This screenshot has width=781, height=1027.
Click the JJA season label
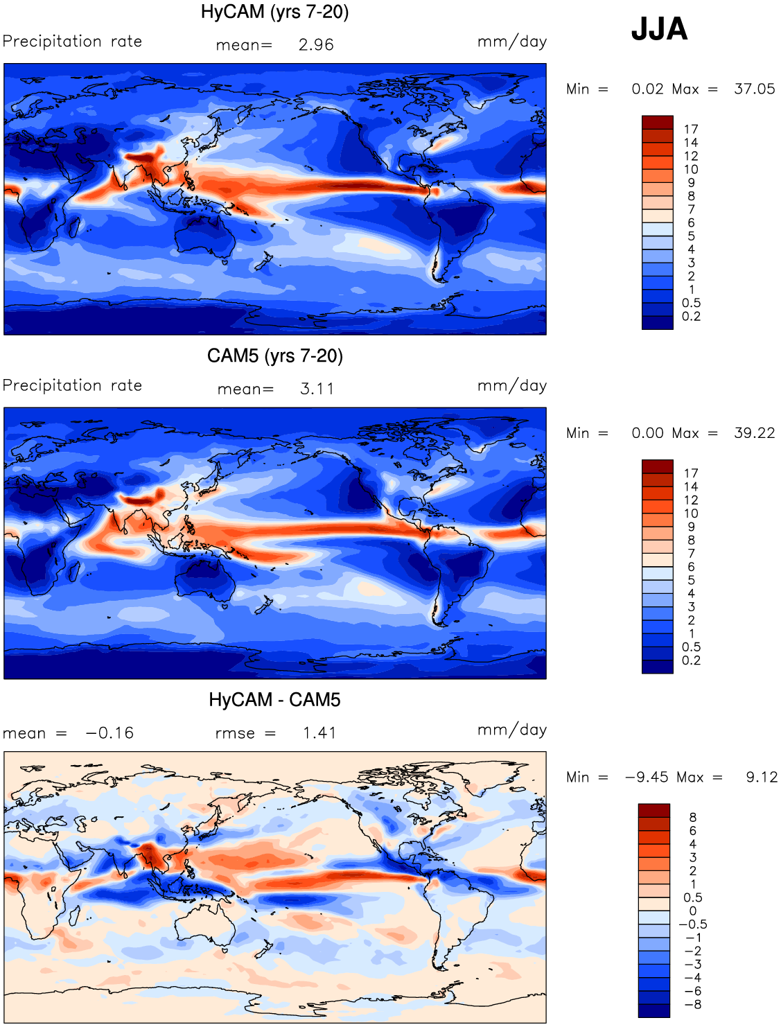(x=659, y=29)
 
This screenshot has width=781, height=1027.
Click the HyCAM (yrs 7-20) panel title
(x=274, y=12)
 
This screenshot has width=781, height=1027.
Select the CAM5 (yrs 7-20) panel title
(x=275, y=355)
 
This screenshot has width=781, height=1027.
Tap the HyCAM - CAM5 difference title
(x=274, y=699)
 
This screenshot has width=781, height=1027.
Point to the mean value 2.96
(x=316, y=45)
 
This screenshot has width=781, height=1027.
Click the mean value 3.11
(x=317, y=389)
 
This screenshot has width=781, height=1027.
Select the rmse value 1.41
(x=320, y=732)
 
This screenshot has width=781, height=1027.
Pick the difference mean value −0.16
(x=110, y=732)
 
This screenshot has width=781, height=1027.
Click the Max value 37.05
(x=755, y=89)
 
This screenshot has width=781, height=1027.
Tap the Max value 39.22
(x=755, y=433)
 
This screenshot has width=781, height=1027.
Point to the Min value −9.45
(x=647, y=777)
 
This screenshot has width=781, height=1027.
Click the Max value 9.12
(x=762, y=777)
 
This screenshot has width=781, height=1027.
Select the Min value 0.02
(x=648, y=89)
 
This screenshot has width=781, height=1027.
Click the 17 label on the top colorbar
(x=691, y=129)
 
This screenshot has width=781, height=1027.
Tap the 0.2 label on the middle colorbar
(x=691, y=660)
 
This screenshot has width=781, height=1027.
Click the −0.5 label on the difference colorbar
(x=693, y=924)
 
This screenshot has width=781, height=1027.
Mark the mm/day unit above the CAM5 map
(x=512, y=386)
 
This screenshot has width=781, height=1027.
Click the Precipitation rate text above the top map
(x=73, y=41)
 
